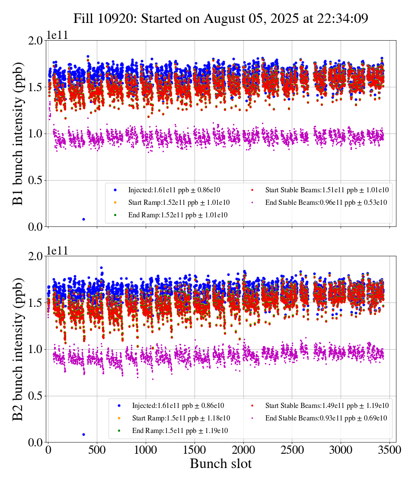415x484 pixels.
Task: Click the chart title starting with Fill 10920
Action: pos(220,19)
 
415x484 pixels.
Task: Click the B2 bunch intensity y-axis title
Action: pos(18,349)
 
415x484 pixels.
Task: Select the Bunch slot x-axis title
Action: pos(220,464)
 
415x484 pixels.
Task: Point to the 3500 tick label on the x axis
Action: pos(389,450)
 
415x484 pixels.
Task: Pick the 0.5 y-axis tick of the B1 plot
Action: pos(37,180)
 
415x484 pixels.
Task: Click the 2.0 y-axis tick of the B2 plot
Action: pos(37,256)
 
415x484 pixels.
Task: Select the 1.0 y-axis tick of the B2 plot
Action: pos(37,349)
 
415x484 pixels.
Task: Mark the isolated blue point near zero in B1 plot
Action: pos(83,219)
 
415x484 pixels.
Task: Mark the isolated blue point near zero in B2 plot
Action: pos(83,434)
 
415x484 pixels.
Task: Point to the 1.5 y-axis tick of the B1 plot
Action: pos(37,87)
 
